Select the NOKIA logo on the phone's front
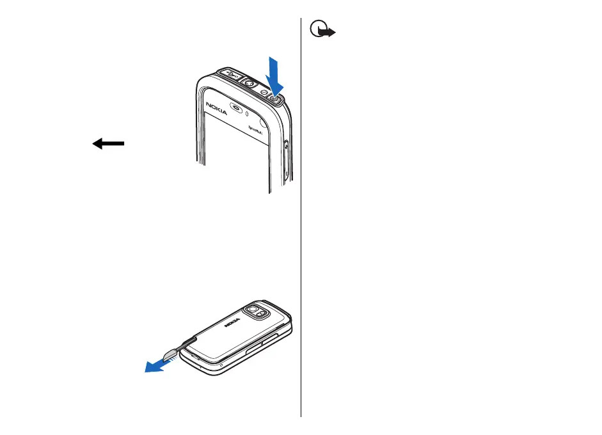click(218, 108)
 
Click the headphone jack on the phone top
click(250, 84)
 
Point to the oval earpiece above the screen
click(237, 109)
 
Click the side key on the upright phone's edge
click(286, 146)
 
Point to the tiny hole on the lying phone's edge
click(220, 367)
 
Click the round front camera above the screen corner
click(262, 119)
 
